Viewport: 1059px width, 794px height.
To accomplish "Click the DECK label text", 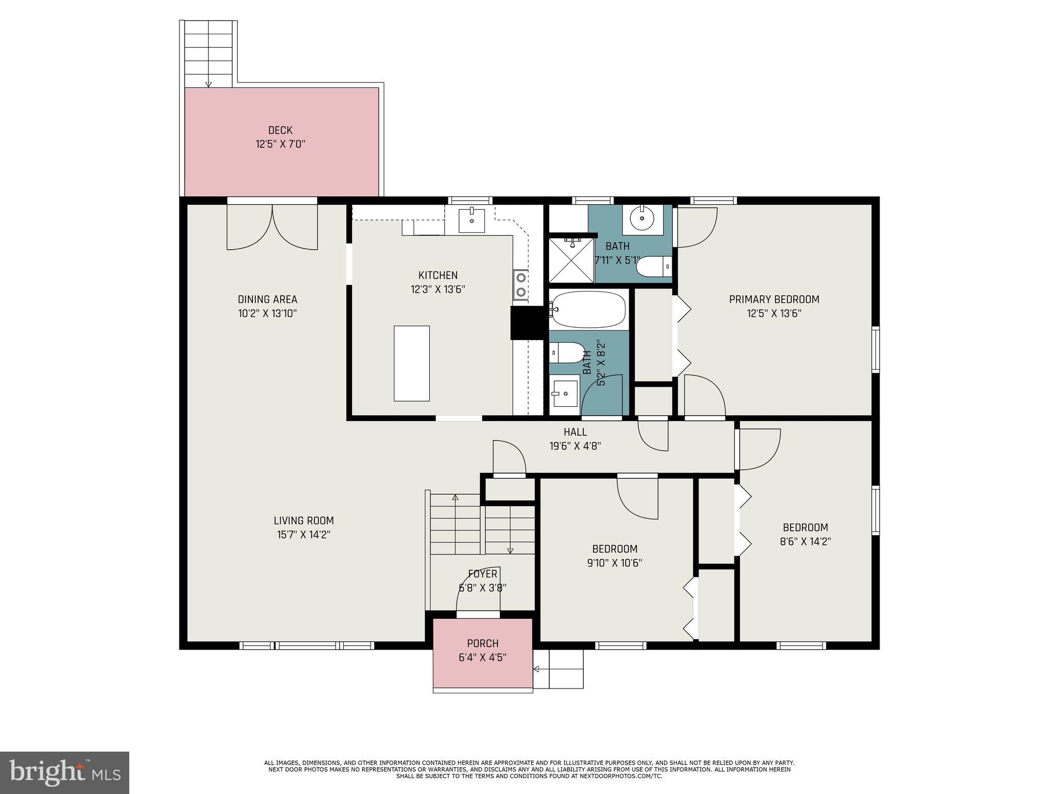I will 280,130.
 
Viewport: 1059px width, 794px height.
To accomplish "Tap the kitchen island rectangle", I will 412,363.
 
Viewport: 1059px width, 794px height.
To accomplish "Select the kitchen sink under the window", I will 472,221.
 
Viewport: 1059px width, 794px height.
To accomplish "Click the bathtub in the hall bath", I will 588,309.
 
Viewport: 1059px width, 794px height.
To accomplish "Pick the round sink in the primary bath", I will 642,219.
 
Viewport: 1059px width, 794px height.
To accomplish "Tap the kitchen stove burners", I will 521,285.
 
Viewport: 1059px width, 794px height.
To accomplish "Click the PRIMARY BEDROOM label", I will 774,299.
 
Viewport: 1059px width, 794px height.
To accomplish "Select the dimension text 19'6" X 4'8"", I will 574,446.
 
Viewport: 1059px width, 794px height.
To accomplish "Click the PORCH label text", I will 482,644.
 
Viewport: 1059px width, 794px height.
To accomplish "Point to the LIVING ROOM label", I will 304,521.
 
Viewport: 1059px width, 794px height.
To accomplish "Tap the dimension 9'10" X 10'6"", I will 614,563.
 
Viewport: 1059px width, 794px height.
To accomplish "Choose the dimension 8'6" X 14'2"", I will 805,542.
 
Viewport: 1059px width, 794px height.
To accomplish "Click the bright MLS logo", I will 64,772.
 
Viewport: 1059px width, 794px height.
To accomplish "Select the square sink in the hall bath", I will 565,393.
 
